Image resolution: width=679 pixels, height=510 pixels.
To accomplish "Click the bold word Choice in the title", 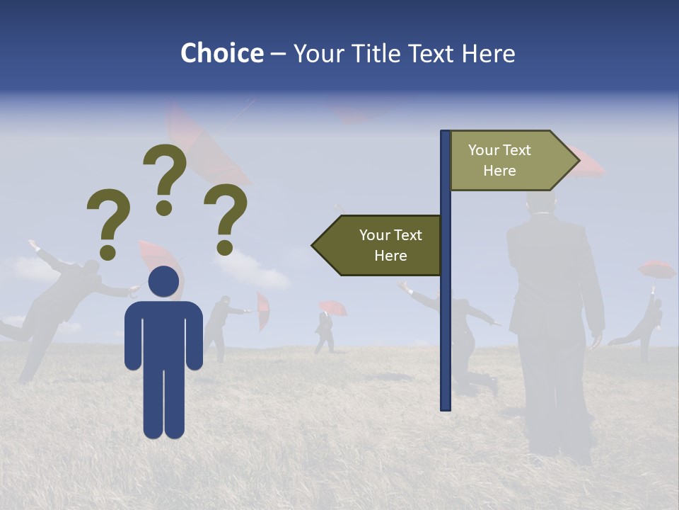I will point(221,53).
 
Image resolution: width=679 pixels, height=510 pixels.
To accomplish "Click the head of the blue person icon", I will point(163,281).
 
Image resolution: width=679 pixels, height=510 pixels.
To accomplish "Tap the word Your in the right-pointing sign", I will point(484,150).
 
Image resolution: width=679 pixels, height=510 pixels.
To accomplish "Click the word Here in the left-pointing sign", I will point(390,256).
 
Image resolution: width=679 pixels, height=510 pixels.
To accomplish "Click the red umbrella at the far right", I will point(656,269).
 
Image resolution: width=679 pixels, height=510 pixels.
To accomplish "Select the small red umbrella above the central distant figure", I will point(332,307).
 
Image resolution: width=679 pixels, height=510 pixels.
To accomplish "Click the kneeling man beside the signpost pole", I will point(463,340).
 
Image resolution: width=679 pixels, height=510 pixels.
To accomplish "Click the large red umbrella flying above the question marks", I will point(205,149).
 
